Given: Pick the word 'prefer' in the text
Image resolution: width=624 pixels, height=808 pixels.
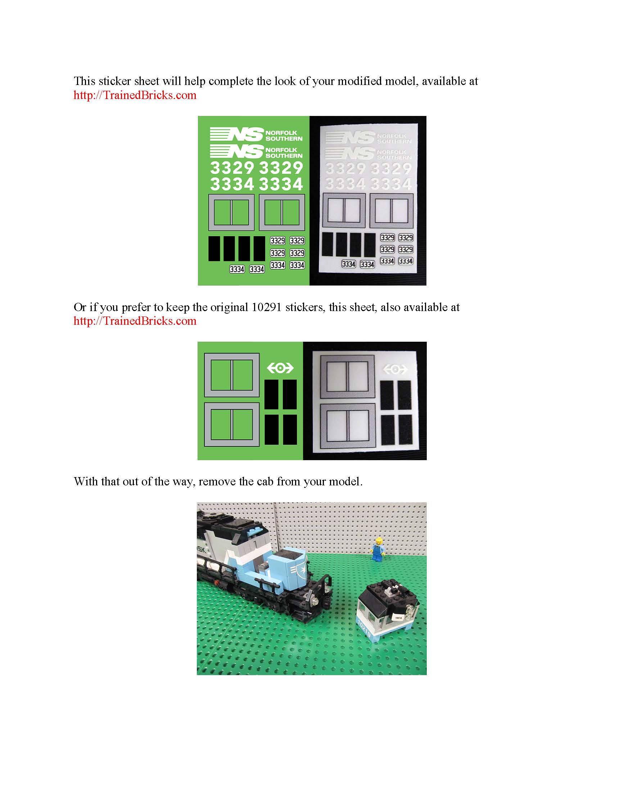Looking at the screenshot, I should pos(136,308).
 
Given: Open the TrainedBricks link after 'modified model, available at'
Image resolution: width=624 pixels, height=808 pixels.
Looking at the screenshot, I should pos(135,95).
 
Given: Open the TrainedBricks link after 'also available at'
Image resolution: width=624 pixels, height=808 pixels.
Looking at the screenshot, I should pos(135,321).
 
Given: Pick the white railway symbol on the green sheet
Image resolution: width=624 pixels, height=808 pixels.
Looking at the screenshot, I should pos(280,368).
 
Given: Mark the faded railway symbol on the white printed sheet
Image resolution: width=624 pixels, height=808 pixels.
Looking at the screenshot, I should pos(395,369).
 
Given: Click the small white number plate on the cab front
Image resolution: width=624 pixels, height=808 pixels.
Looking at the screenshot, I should pos(398,618).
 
